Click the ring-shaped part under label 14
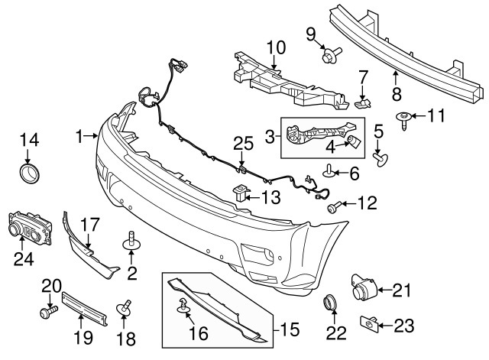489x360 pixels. point(29,172)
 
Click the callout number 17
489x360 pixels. point(89,225)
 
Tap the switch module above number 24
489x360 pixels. point(29,228)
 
